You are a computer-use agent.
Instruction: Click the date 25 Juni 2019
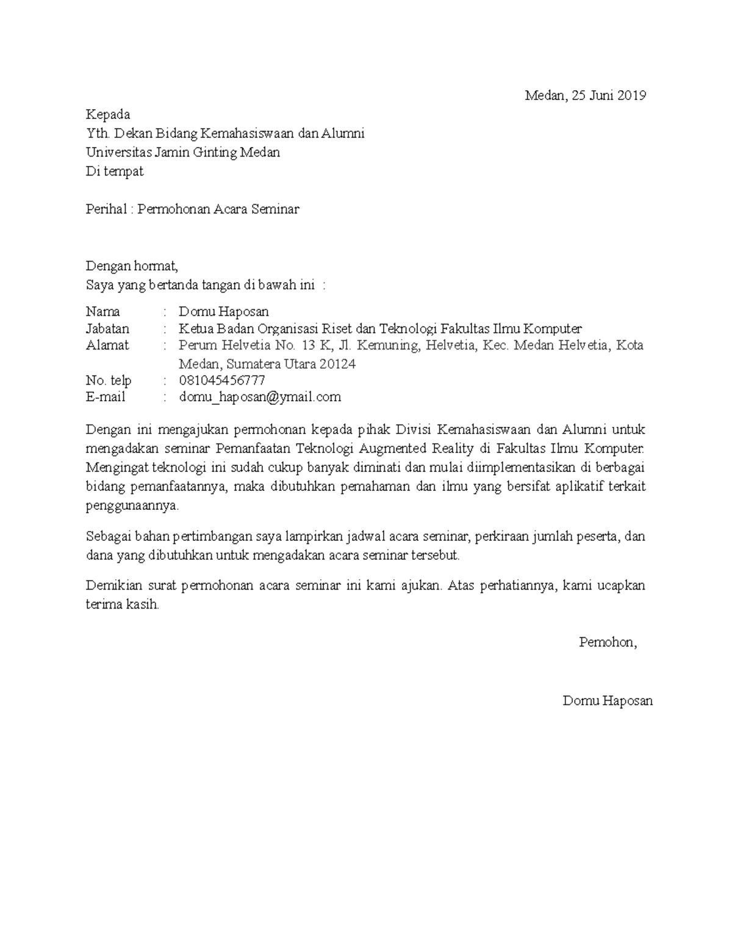click(x=609, y=95)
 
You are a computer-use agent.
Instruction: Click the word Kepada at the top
click(x=108, y=115)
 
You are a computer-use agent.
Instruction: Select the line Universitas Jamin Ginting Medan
click(x=183, y=152)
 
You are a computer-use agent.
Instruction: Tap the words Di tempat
click(x=115, y=171)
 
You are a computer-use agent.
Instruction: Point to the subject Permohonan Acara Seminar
click(x=218, y=209)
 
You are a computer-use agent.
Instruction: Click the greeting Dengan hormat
click(x=132, y=266)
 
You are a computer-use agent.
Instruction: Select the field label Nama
click(x=103, y=312)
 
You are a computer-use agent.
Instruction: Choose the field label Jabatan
click(x=108, y=329)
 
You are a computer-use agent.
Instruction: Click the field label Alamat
click(x=107, y=345)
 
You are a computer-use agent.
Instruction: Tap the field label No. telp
click(x=109, y=381)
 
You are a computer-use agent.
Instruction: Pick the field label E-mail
click(x=106, y=397)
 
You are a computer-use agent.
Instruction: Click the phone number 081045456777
click(x=221, y=381)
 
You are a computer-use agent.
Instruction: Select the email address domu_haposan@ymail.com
click(x=260, y=397)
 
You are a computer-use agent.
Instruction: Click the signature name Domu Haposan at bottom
click(x=608, y=701)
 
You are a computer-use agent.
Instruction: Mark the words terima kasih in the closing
click(x=122, y=605)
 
